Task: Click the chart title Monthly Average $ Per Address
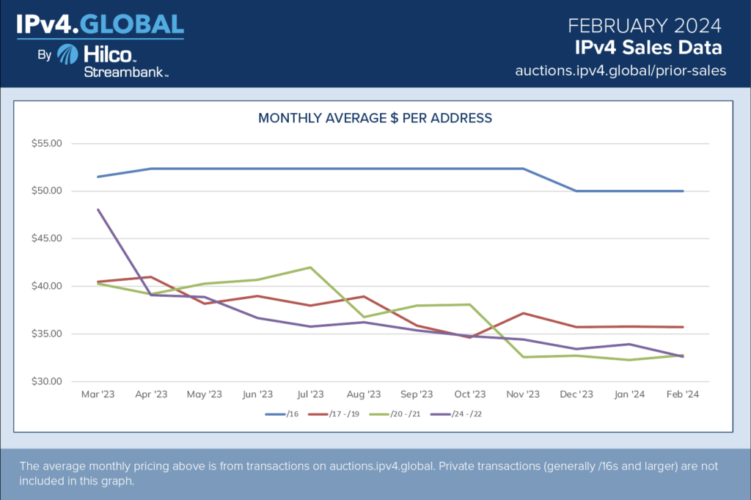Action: (375, 117)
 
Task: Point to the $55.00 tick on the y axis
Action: (46, 144)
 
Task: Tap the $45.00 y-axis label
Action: (46, 239)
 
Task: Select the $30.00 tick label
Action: (46, 382)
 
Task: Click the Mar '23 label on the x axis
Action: (97, 394)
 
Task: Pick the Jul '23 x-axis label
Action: (310, 394)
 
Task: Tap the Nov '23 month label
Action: (523, 394)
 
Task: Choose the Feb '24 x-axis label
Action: (683, 394)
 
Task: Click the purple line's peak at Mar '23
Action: (98, 210)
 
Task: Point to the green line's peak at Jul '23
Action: (310, 268)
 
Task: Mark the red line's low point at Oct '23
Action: (470, 337)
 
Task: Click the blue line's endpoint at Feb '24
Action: (683, 191)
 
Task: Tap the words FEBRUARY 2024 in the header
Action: (645, 26)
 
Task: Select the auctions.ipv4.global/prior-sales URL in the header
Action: (620, 70)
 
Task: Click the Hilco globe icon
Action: (68, 56)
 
